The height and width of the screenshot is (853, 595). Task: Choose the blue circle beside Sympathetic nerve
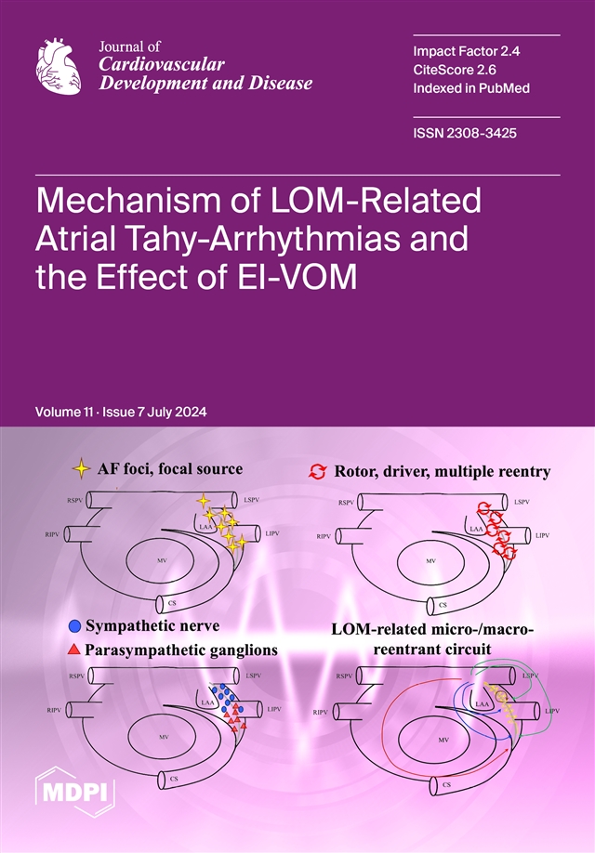pos(73,626)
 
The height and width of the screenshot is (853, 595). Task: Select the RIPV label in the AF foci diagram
pos(53,535)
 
